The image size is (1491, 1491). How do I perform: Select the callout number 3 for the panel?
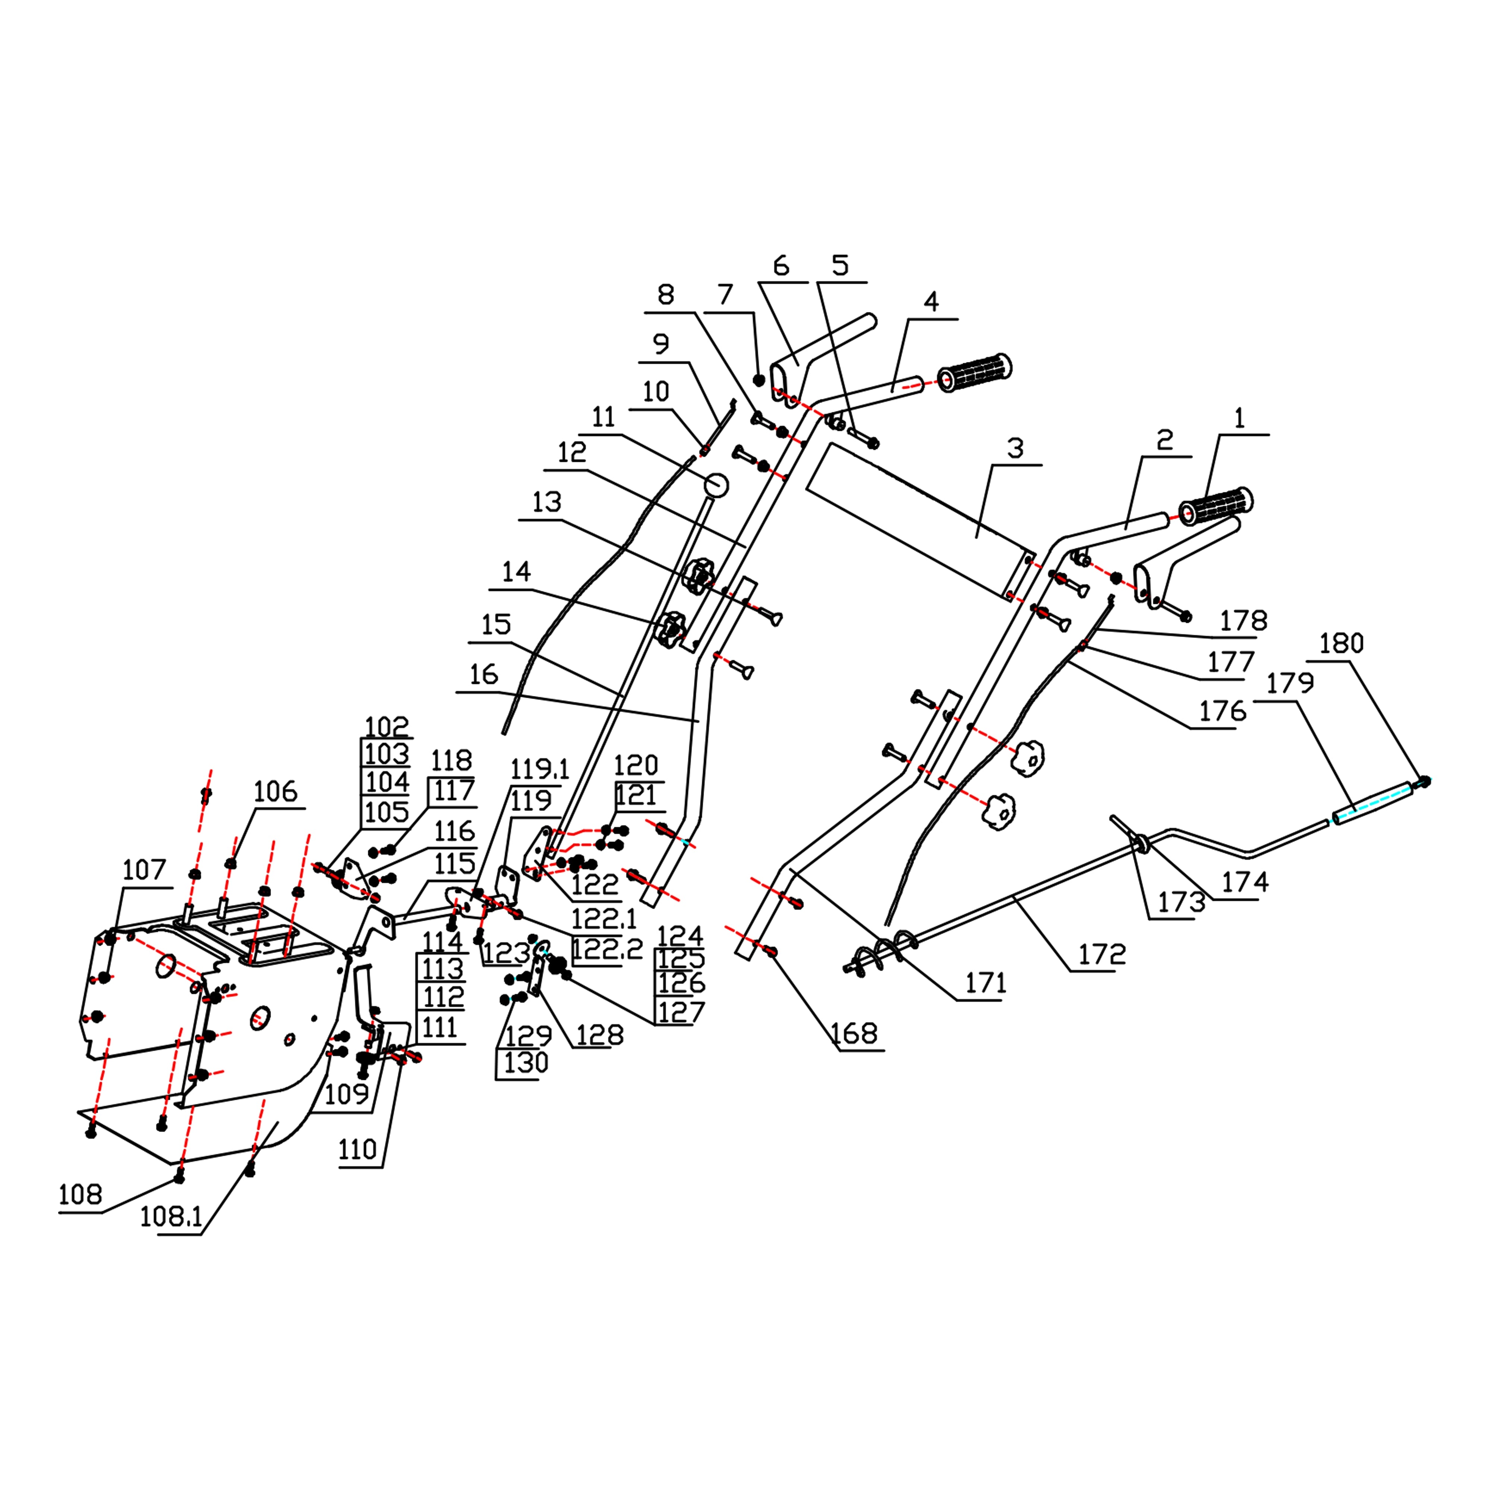1016,448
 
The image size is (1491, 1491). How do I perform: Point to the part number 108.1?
171,1217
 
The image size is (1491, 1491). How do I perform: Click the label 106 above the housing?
275,792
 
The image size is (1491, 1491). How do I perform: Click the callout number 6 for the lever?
781,266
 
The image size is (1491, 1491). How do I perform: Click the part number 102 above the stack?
386,726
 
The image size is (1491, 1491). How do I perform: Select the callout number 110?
357,1150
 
